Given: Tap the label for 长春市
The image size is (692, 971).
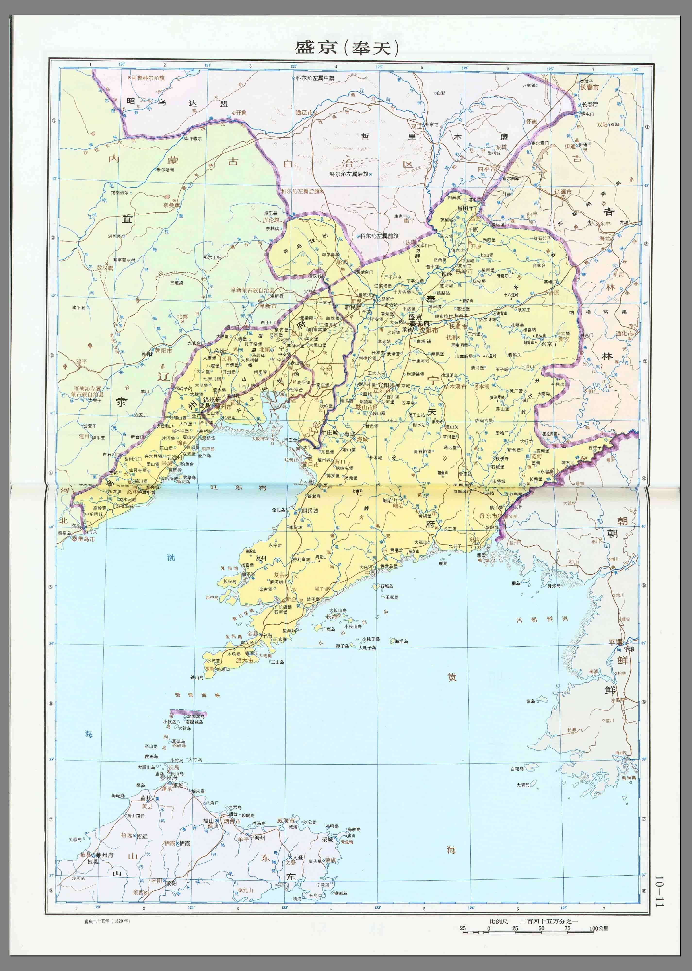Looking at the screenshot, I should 589,87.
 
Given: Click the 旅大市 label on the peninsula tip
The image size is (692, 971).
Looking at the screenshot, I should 245,661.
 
